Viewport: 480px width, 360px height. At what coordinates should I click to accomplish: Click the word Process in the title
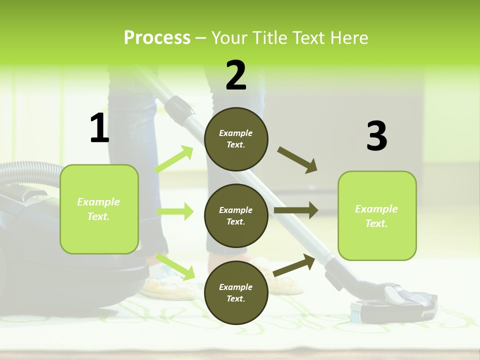157,38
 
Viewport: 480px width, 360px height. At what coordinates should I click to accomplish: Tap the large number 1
99,128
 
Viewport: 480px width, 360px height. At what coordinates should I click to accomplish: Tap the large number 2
236,75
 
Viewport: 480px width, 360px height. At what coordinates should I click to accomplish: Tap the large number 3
376,136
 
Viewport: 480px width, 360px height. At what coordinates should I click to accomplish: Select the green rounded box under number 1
99,209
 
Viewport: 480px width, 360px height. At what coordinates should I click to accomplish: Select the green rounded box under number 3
377,215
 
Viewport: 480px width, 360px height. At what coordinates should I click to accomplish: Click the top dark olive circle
236,139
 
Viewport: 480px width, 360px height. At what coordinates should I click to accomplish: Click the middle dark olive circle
236,215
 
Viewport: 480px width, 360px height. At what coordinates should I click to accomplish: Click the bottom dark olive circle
236,292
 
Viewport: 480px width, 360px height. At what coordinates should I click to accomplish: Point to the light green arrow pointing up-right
174,159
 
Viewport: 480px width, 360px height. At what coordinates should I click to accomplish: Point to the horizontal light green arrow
175,211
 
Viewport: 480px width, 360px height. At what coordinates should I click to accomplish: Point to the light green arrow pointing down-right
175,266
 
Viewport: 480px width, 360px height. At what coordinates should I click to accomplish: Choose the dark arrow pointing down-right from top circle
297,159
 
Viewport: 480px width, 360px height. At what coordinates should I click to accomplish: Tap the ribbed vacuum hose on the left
30,172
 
